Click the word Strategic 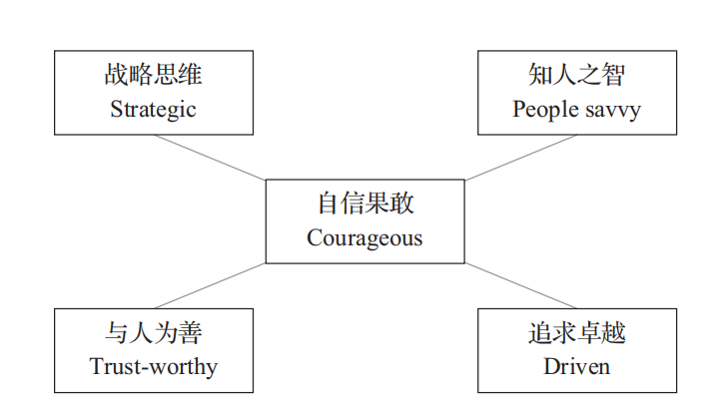coord(153,110)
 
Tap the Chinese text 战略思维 coord(153,74)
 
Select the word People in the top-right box coord(545,110)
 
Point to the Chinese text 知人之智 coord(577,74)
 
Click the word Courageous coord(364,238)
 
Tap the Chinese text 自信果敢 coord(365,203)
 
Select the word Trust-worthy coord(154,367)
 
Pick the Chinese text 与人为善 coord(153,332)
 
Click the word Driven coord(577,367)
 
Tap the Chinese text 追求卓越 coord(577,332)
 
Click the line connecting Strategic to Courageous coord(210,158)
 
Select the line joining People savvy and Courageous coord(520,158)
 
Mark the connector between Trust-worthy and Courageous coord(210,285)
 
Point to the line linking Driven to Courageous coord(520,285)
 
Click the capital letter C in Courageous coord(315,237)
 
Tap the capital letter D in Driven coord(552,367)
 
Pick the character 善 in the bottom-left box coord(190,332)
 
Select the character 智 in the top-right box coord(613,74)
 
